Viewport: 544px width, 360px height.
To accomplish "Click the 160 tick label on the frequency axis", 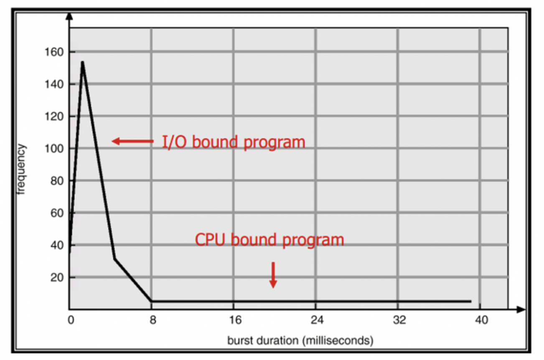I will (x=55, y=52).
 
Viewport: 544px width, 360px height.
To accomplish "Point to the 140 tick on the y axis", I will (x=55, y=84).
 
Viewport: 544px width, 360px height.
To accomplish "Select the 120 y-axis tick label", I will (x=55, y=117).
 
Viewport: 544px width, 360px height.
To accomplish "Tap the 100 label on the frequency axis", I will (x=55, y=149).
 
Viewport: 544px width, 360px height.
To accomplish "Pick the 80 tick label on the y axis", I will (x=57, y=181).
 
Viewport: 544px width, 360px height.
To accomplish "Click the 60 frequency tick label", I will (x=57, y=213).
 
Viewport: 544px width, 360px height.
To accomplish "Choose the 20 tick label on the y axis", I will (x=57, y=277).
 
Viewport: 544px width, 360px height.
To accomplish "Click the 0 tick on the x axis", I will (x=71, y=321).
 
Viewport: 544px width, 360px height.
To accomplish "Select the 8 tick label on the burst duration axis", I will (x=153, y=321).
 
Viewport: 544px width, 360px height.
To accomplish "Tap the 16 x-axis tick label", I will (x=235, y=321).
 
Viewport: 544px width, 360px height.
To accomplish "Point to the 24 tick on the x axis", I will (x=317, y=321).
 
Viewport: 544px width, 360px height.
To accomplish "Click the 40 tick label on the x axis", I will (x=481, y=321).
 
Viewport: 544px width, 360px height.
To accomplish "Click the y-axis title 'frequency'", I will (x=22, y=169).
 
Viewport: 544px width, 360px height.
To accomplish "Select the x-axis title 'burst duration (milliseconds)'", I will (x=300, y=340).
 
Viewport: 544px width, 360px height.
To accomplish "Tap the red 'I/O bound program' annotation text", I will (x=233, y=142).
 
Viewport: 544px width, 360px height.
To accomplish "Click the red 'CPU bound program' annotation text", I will (x=269, y=240).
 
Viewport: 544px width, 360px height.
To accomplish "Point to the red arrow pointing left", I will (x=133, y=142).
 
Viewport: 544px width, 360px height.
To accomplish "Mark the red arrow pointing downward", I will (x=273, y=274).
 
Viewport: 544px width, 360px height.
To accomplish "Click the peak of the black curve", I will (x=83, y=62).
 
